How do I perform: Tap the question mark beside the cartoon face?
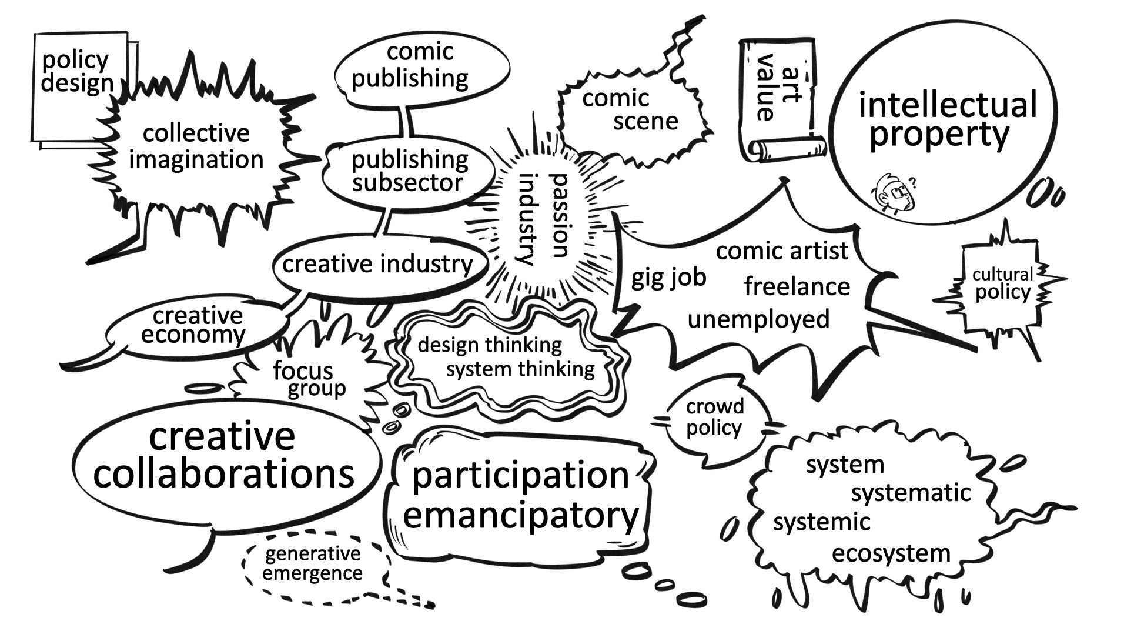click(912, 183)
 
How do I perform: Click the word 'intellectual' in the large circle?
click(948, 106)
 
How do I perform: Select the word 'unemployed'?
click(758, 319)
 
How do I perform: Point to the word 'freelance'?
click(797, 287)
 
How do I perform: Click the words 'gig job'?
click(668, 277)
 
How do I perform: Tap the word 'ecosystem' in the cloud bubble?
click(891, 553)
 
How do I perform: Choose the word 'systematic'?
click(911, 493)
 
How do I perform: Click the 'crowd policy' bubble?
click(715, 417)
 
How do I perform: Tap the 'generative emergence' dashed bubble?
click(312, 563)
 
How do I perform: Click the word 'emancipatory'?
click(521, 515)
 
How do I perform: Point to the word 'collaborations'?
click(223, 474)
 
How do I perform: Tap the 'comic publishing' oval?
click(419, 65)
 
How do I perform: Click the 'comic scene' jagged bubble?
click(629, 110)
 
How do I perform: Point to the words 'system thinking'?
click(520, 369)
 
